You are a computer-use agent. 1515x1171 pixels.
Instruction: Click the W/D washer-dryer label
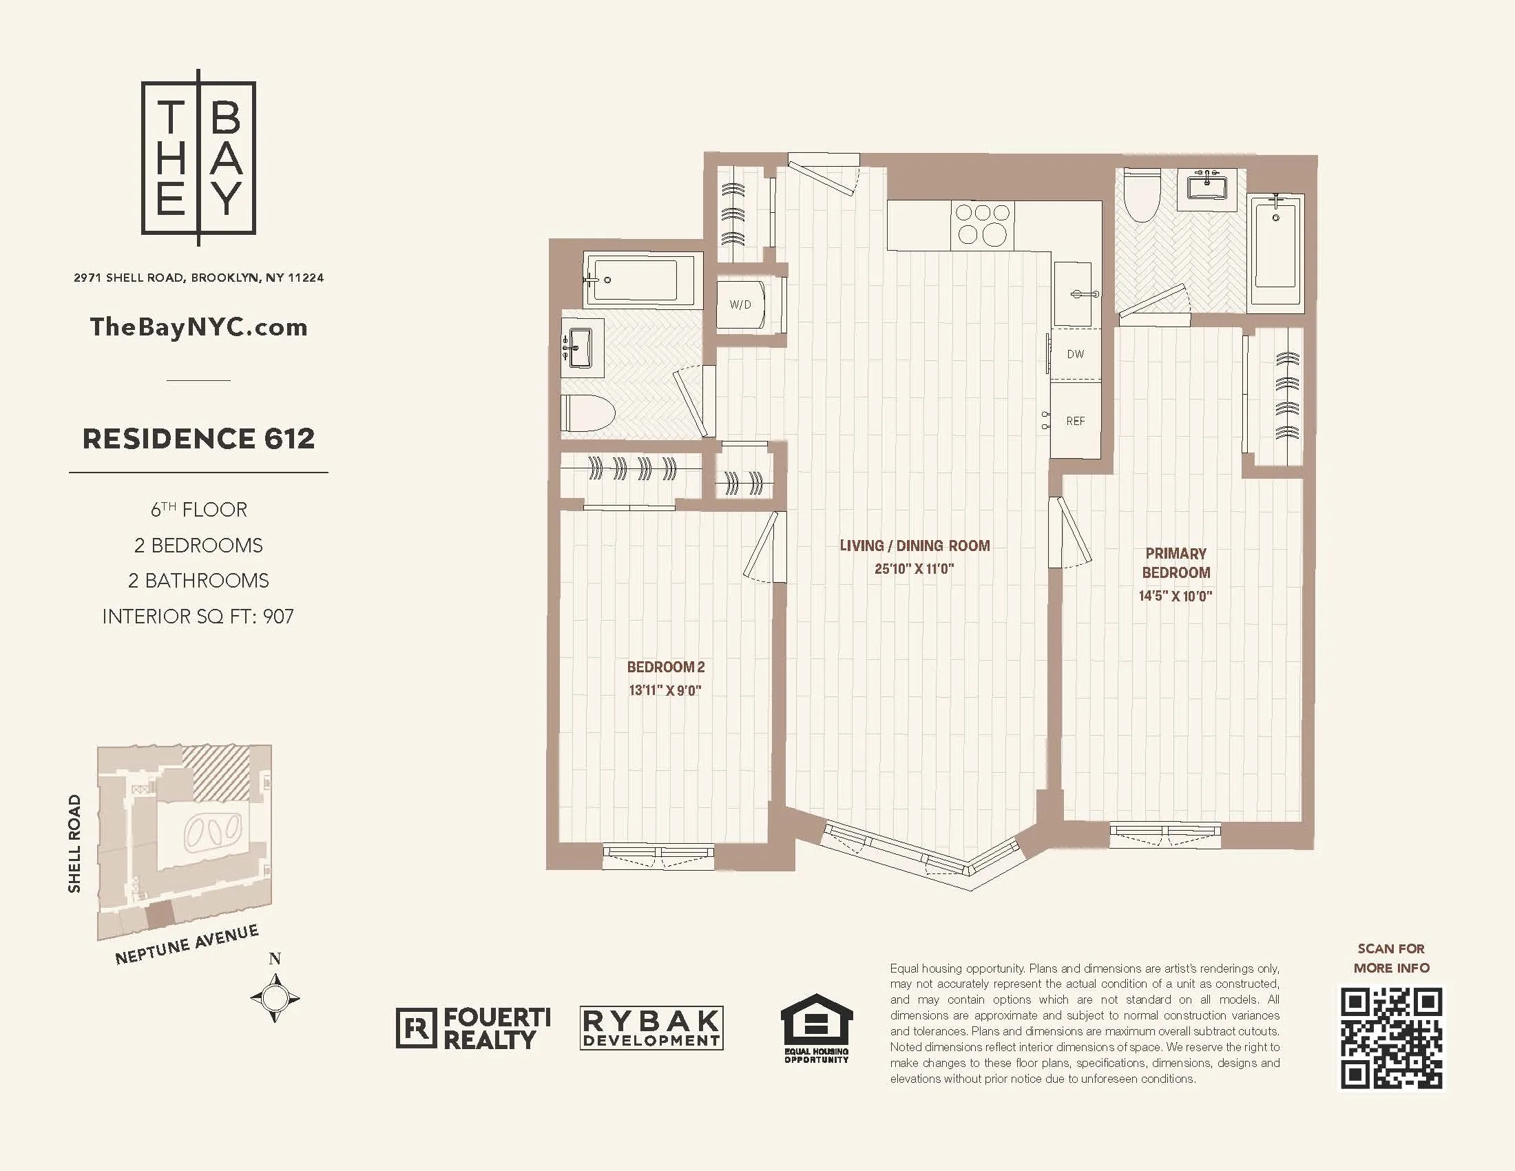(740, 304)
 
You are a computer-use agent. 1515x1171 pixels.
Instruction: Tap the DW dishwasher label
(1075, 355)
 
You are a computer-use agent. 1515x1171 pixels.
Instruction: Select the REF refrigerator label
(1075, 421)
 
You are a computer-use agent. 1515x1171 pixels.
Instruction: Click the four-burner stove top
(982, 224)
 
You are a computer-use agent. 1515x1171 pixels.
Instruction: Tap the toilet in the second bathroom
(588, 413)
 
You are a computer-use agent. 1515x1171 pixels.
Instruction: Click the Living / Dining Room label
(915, 546)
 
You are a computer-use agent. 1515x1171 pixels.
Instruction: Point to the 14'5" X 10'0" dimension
(1175, 596)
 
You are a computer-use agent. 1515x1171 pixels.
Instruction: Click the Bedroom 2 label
(665, 667)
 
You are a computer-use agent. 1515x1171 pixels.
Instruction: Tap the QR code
(1391, 1039)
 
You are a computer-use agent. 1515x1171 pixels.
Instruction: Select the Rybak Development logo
(651, 1028)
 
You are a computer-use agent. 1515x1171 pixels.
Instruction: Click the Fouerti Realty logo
(474, 1028)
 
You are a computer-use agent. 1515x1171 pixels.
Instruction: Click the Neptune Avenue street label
(187, 944)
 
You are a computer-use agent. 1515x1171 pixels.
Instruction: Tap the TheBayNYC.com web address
(198, 327)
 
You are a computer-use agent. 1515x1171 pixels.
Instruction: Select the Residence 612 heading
(198, 438)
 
